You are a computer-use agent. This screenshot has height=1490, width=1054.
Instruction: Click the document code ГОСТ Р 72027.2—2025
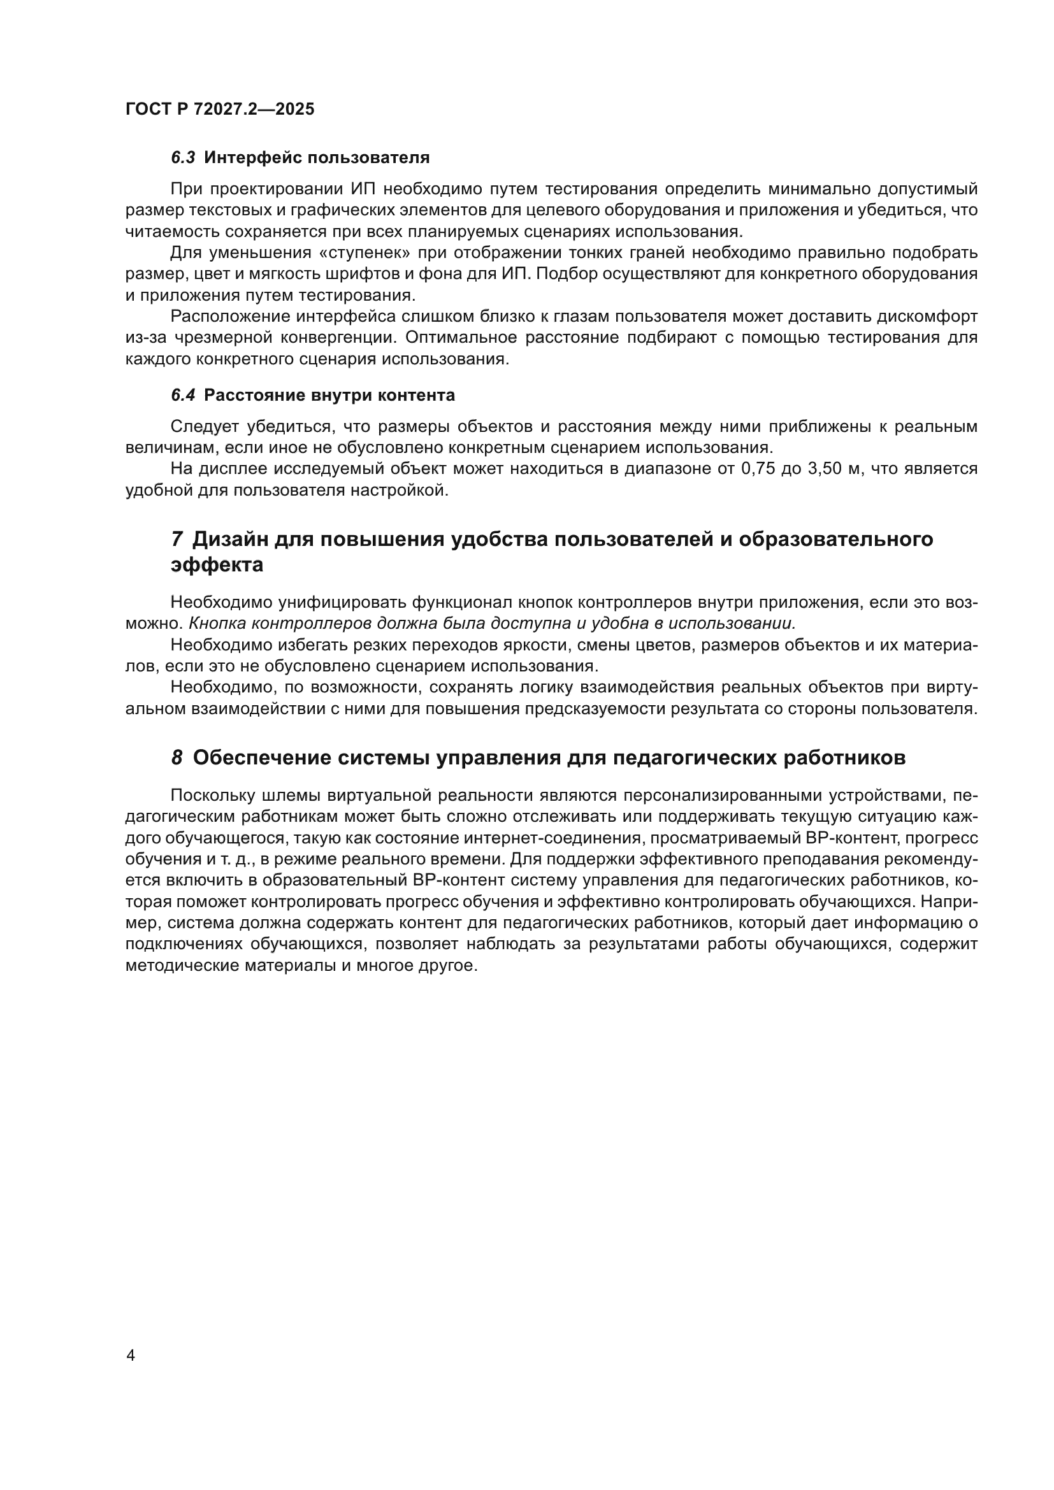click(x=219, y=109)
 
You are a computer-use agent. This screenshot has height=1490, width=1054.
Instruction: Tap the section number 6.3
click(x=183, y=158)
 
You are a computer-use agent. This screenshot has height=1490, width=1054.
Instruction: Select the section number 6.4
click(x=183, y=395)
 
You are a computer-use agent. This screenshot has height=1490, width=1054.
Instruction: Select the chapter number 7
click(x=177, y=540)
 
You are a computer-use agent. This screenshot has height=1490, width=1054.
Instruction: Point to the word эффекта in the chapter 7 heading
click(x=217, y=565)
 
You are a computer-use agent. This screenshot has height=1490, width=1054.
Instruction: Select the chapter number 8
click(x=177, y=758)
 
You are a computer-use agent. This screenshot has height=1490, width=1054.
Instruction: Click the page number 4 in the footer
click(x=131, y=1356)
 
